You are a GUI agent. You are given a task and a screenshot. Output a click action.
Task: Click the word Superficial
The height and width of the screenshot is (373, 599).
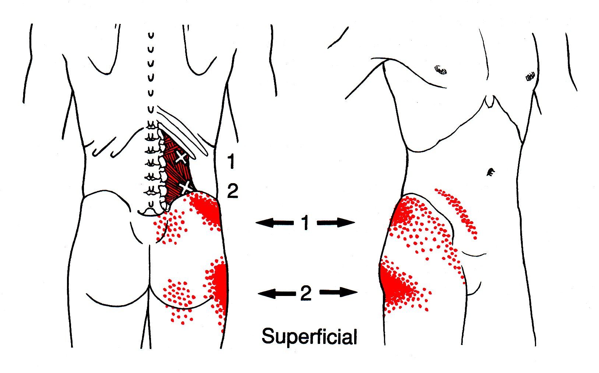309,337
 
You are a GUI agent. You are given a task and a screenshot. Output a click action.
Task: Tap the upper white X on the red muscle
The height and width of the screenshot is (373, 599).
182,157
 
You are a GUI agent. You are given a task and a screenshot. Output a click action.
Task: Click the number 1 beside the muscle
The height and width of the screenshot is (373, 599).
231,161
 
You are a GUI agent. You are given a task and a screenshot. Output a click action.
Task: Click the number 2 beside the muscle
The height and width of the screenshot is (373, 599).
232,191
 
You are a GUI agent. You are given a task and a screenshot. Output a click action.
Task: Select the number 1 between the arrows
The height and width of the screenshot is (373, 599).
305,223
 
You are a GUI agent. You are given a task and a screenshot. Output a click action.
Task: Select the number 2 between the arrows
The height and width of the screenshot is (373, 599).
306,293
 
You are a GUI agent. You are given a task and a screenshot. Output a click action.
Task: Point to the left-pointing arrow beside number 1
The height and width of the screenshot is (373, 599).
275,223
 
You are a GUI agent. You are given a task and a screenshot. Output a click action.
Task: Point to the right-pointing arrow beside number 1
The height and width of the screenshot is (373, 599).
336,222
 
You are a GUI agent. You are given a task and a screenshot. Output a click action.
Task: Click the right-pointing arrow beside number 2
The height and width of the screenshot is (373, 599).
339,292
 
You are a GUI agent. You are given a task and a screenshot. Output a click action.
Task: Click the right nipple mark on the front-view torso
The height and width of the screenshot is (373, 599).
530,77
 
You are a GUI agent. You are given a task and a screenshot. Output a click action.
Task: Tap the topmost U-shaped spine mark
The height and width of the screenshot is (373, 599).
151,35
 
